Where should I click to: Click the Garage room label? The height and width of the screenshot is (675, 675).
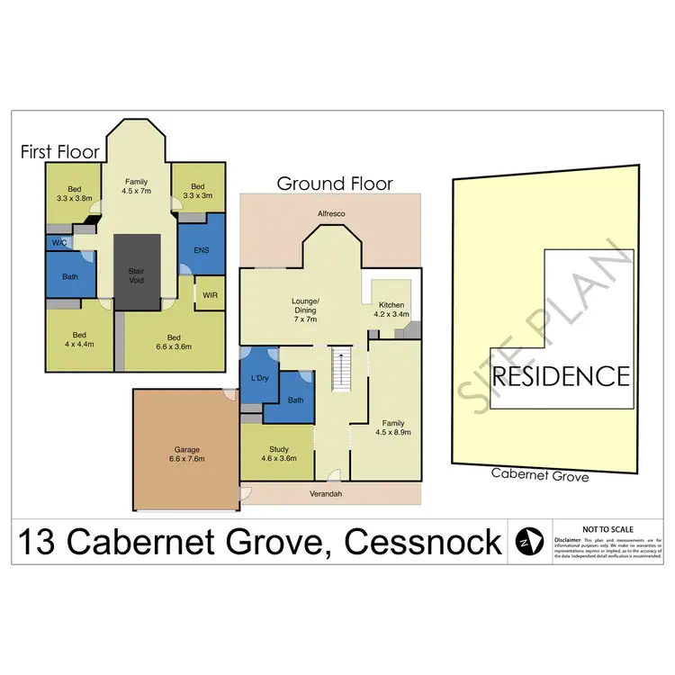pos(185,454)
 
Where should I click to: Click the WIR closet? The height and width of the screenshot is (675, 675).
pos(208,293)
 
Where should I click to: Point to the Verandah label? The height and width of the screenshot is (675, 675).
pos(329,494)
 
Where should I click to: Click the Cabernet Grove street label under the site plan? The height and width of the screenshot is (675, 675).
pos(540,475)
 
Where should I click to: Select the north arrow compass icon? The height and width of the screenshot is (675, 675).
pos(526,542)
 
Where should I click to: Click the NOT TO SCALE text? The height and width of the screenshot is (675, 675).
pos(607,528)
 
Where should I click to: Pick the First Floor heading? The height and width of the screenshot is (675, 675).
pos(58,153)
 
